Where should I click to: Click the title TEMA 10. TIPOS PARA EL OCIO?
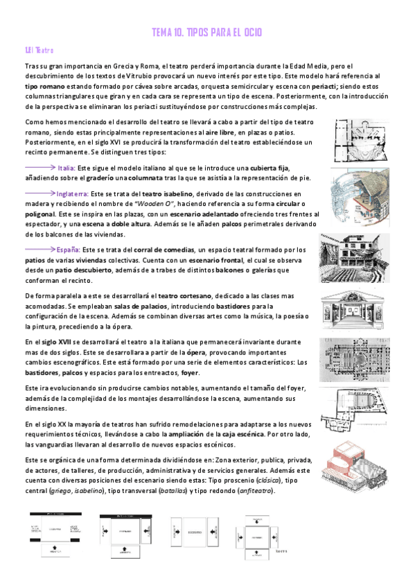[206, 33]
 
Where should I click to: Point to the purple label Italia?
[67, 168]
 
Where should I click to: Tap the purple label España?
[70, 249]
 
